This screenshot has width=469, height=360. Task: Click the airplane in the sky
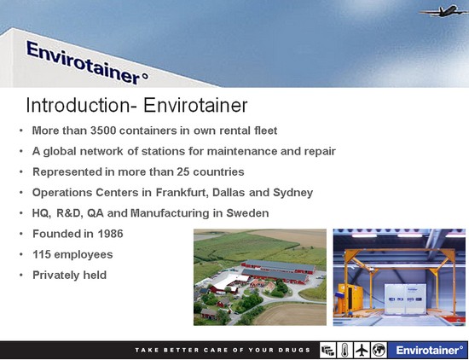point(443,11)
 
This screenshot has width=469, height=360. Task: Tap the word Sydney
point(292,193)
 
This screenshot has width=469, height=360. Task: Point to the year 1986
point(110,234)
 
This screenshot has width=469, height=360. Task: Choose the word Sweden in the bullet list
point(247,213)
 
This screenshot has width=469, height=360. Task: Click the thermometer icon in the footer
point(345,350)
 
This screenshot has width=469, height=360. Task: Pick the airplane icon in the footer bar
point(362,350)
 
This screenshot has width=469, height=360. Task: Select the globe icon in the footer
point(379,350)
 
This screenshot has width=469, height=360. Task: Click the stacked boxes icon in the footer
point(327,350)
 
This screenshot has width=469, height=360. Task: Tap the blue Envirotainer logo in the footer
point(428,350)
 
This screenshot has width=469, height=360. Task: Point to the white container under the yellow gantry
point(405,299)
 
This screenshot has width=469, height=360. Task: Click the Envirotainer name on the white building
point(87,63)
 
